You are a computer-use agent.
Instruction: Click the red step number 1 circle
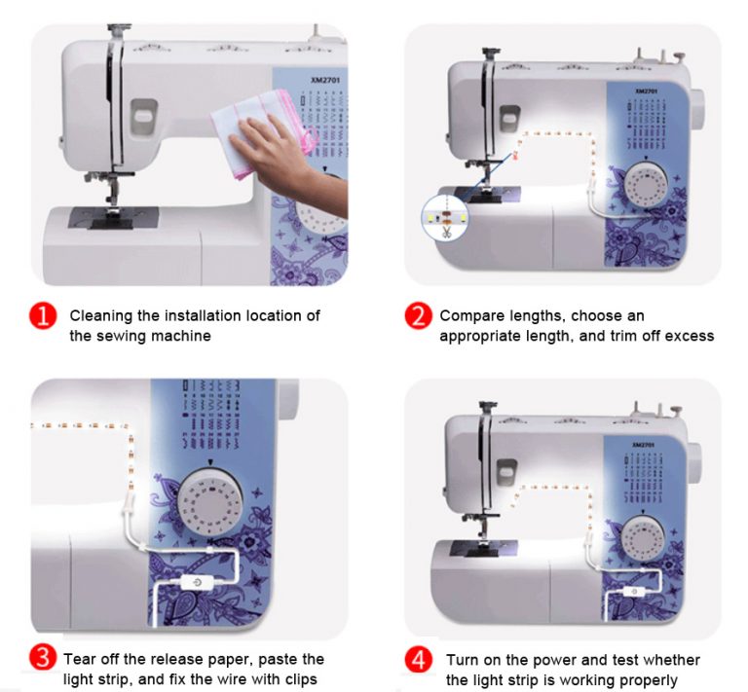[x=43, y=316]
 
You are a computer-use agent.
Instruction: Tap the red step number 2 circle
[x=419, y=316]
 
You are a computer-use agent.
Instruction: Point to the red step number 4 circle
[x=419, y=660]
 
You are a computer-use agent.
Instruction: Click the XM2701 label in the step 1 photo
[x=325, y=80]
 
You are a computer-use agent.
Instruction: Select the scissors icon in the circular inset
[x=447, y=233]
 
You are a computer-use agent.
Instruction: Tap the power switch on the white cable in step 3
[x=197, y=582]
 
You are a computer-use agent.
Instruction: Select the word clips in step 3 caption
[x=301, y=679]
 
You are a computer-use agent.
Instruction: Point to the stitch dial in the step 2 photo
[x=645, y=186]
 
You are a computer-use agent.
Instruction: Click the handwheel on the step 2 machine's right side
[x=697, y=110]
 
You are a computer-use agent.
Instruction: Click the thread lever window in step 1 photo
[x=144, y=116]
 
